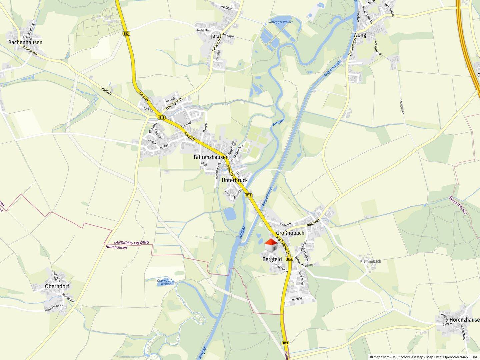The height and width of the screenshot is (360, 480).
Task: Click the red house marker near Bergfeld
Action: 271,246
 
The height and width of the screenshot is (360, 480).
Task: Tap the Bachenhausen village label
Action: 25,42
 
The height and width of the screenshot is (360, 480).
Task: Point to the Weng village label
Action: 359,35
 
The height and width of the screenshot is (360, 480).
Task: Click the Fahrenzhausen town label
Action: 211,157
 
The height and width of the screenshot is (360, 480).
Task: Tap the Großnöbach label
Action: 290,233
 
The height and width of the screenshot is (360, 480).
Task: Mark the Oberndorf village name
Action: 57,286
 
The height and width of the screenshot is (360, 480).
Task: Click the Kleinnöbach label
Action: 370,261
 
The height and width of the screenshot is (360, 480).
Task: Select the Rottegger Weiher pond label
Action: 280,22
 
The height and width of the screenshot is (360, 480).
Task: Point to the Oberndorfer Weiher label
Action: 166,282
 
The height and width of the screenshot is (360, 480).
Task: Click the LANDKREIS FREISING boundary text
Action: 131,243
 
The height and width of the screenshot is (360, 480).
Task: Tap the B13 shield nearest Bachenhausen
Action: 126,33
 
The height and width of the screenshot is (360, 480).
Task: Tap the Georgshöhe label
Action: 402,107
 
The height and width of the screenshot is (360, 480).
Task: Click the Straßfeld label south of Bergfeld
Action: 296,299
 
